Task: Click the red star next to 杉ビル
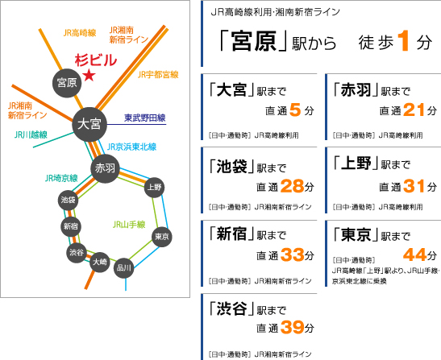tap(89, 76)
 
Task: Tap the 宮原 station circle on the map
tap(67, 83)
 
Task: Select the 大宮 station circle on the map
tap(89, 124)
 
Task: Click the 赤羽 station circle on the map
tap(105, 168)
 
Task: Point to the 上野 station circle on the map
tap(155, 187)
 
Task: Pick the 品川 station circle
tap(123, 268)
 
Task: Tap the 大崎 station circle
tap(100, 262)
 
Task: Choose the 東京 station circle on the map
tap(162, 237)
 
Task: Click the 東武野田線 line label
tap(145, 118)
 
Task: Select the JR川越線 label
tap(31, 134)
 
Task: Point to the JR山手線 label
tap(129, 225)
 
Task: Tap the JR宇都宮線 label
tap(158, 75)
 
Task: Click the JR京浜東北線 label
tap(131, 147)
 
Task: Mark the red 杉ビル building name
tap(96, 60)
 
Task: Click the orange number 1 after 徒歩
tap(404, 41)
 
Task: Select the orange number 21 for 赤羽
tap(414, 110)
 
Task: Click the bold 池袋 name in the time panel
tap(231, 167)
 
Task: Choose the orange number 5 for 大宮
tap(295, 110)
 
